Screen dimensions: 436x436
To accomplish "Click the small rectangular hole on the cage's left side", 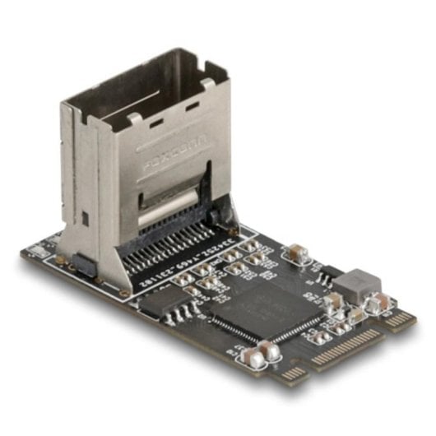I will [85, 218].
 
